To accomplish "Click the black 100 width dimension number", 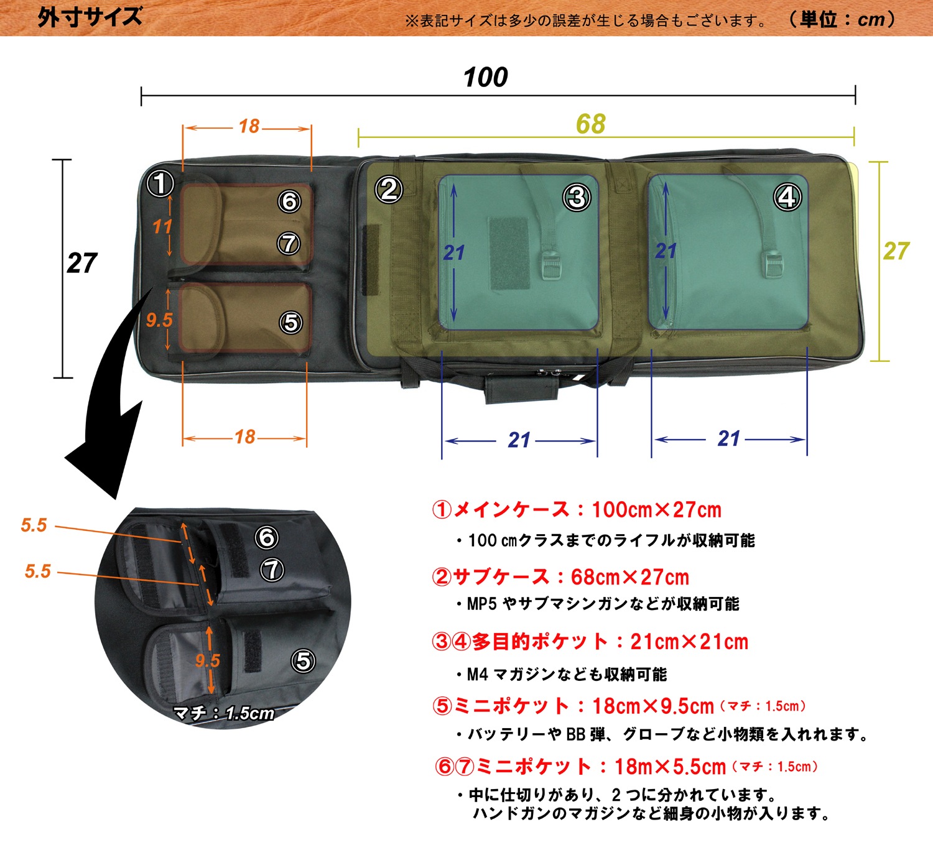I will pyautogui.click(x=485, y=78).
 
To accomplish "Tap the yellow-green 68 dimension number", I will pyautogui.click(x=590, y=124).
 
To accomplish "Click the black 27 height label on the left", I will pyautogui.click(x=82, y=264).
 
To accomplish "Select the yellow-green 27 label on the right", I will pyautogui.click(x=896, y=251).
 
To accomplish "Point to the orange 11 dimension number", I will pyautogui.click(x=162, y=227).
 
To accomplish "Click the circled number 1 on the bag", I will pyautogui.click(x=160, y=183).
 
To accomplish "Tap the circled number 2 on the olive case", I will pyautogui.click(x=389, y=190).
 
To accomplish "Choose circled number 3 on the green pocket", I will pyautogui.click(x=577, y=198).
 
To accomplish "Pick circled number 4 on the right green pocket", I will pyautogui.click(x=787, y=197).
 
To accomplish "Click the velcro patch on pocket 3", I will pyautogui.click(x=509, y=253).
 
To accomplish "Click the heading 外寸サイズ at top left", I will pyautogui.click(x=90, y=17).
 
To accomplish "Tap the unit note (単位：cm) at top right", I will pyautogui.click(x=842, y=19).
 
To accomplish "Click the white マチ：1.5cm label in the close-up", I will pyautogui.click(x=224, y=713).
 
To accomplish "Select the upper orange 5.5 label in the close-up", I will pyautogui.click(x=34, y=525).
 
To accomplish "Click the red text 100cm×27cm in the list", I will pyautogui.click(x=656, y=510).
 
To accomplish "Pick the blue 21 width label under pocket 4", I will pyautogui.click(x=729, y=439).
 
